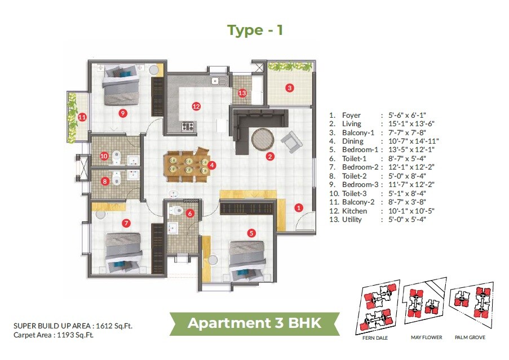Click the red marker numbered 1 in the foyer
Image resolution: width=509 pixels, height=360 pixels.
click(299, 207)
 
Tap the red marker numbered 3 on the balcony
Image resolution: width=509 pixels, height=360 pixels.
click(289, 88)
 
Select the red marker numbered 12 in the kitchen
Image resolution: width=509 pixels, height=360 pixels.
click(196, 106)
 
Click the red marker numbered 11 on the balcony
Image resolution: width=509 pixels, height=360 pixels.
click(82, 117)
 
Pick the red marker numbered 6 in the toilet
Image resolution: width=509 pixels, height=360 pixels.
click(190, 214)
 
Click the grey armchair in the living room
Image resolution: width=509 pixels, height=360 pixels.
click(291, 141)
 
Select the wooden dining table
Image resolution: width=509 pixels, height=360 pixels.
click(187, 165)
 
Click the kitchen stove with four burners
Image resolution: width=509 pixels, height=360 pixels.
click(188, 126)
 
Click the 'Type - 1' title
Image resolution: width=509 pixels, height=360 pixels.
click(255, 30)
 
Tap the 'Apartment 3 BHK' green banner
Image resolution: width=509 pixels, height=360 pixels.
click(254, 323)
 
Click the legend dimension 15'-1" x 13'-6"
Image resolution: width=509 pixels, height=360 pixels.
click(407, 124)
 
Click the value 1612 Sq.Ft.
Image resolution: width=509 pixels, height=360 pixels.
click(113, 326)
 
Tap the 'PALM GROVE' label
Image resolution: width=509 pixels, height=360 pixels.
click(470, 337)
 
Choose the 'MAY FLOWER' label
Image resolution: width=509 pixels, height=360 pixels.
click(426, 337)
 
